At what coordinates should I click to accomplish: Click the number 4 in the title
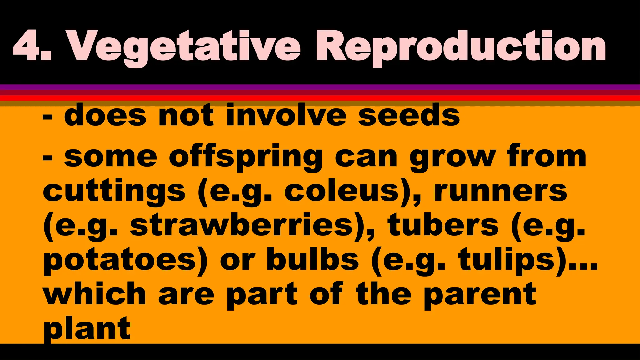point(27,46)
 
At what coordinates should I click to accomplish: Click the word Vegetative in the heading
point(184,47)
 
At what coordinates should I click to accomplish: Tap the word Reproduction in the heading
point(461,47)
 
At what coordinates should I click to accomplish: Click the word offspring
point(246,158)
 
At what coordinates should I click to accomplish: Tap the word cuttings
point(114,192)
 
